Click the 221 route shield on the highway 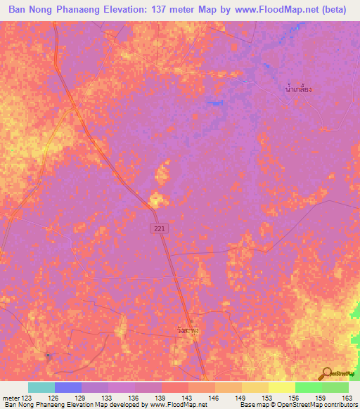click(161, 229)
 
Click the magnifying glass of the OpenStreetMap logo click(326, 372)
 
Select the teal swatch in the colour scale click(41, 387)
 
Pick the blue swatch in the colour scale click(68, 387)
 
